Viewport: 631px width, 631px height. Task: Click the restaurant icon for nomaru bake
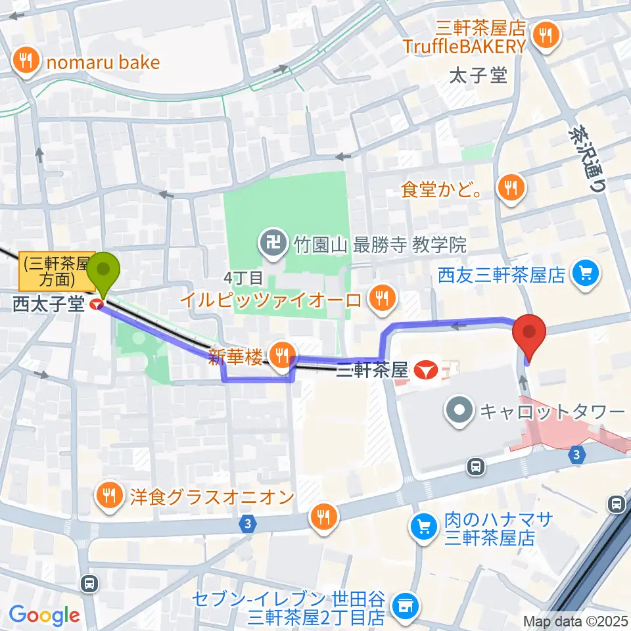[x=26, y=62]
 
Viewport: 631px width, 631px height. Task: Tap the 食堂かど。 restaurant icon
[x=509, y=189]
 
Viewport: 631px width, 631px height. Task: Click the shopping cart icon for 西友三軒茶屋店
[x=586, y=273]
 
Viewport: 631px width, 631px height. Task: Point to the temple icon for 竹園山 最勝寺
[x=270, y=245]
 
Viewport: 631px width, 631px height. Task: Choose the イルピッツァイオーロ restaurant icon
[x=381, y=300]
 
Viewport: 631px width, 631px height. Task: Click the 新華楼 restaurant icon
[x=283, y=354]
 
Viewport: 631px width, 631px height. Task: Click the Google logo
[x=44, y=615]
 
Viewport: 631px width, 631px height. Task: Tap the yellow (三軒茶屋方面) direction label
[x=55, y=271]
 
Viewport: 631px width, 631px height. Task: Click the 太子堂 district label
[x=478, y=76]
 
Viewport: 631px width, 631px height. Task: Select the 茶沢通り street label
[x=586, y=158]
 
